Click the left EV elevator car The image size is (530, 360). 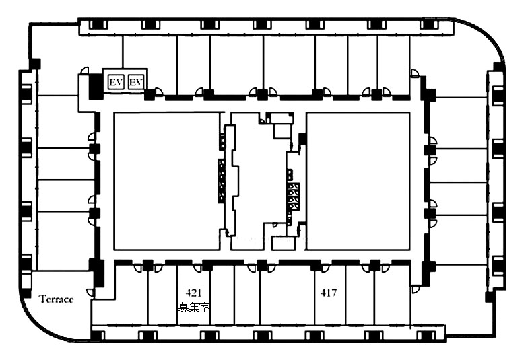pyautogui.click(x=116, y=82)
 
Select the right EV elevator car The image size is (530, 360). pyautogui.click(x=136, y=82)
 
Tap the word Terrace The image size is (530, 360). pyautogui.click(x=56, y=299)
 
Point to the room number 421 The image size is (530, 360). pyautogui.click(x=194, y=293)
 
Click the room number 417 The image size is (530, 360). pyautogui.click(x=329, y=293)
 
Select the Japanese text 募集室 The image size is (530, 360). pyautogui.click(x=194, y=308)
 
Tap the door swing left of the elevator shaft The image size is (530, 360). pyautogui.click(x=85, y=71)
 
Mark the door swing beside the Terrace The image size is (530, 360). pyautogui.click(x=90, y=293)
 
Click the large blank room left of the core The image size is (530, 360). pyautogui.click(x=167, y=181)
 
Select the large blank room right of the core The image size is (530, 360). pyautogui.click(x=358, y=181)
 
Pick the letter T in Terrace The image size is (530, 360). pyautogui.click(x=42, y=299)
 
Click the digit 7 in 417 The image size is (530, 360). pyautogui.click(x=334, y=293)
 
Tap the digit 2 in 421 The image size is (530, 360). pyautogui.click(x=194, y=293)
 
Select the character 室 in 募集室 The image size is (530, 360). pyautogui.click(x=205, y=308)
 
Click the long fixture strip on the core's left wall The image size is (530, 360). pyautogui.click(x=221, y=181)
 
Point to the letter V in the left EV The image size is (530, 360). pyautogui.click(x=119, y=82)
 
